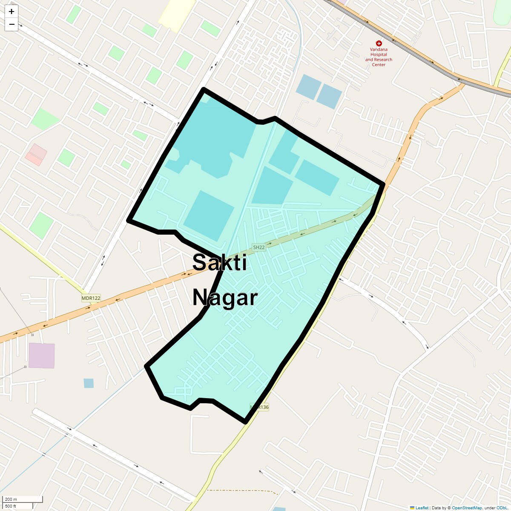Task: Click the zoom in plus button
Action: click(x=11, y=11)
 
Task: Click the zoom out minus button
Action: click(x=11, y=24)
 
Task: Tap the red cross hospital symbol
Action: click(x=379, y=43)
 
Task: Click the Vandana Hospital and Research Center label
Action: click(x=379, y=57)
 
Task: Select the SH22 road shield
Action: click(x=259, y=247)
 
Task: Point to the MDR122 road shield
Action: click(x=91, y=298)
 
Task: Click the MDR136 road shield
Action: click(x=259, y=407)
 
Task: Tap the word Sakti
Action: click(x=219, y=262)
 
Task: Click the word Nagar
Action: click(x=225, y=297)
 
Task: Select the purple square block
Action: click(x=42, y=356)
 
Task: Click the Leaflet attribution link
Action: click(x=422, y=508)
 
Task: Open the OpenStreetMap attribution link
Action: click(x=467, y=508)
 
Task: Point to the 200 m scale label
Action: click(x=11, y=500)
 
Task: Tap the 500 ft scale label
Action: click(x=11, y=506)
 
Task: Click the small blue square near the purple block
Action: click(x=89, y=383)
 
